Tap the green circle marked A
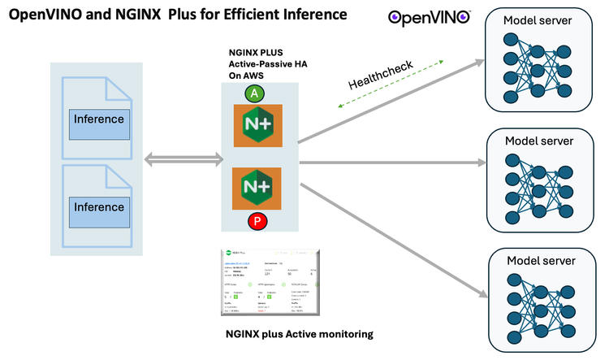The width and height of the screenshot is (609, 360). tap(255, 93)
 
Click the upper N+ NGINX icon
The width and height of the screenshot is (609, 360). tap(257, 125)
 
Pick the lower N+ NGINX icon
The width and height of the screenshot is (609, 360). tap(257, 189)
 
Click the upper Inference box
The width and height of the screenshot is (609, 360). tap(98, 120)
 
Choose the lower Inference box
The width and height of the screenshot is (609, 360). tap(98, 206)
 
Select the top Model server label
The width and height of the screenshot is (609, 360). tap(537, 20)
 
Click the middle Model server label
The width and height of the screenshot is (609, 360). tap(538, 140)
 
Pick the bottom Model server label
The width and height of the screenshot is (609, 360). tap(540, 260)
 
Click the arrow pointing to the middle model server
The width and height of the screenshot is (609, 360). tap(390, 163)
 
